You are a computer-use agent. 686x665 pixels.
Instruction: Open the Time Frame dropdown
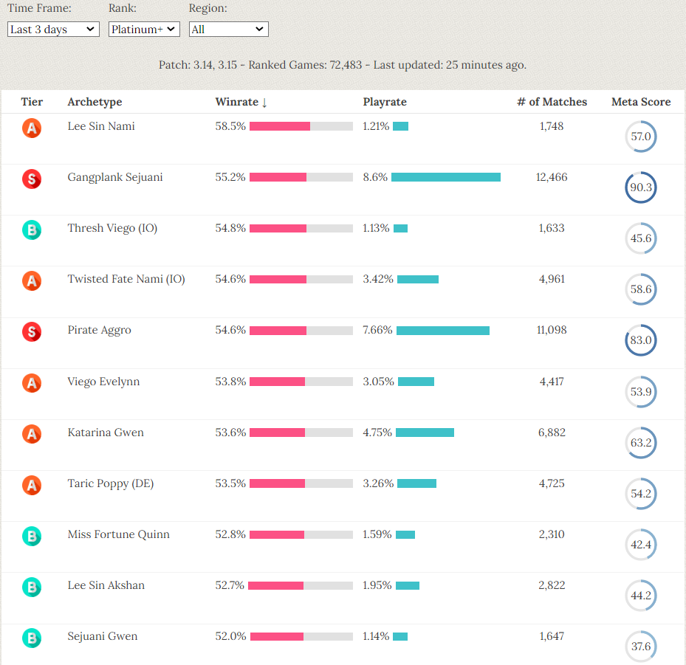pyautogui.click(x=53, y=30)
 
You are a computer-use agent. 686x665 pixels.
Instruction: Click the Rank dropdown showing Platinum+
pyautogui.click(x=144, y=30)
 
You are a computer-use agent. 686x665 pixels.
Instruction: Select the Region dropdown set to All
pyautogui.click(x=228, y=30)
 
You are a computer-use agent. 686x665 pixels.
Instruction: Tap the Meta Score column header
pyautogui.click(x=641, y=102)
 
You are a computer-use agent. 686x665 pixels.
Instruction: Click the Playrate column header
pyautogui.click(x=385, y=102)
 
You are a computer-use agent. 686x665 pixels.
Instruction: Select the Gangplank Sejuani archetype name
pyautogui.click(x=115, y=177)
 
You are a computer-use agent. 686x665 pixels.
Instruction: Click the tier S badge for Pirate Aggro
pyautogui.click(x=32, y=331)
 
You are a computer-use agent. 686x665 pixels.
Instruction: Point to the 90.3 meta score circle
pyautogui.click(x=640, y=187)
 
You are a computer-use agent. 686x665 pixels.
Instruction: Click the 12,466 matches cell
pyautogui.click(x=552, y=177)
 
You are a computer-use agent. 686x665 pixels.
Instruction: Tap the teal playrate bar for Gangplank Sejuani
pyautogui.click(x=446, y=177)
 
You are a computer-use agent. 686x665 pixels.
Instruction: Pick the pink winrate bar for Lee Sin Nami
pyautogui.click(x=280, y=126)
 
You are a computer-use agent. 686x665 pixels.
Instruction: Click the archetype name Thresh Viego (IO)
pyautogui.click(x=112, y=228)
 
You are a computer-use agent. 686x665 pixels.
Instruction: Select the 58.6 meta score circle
pyautogui.click(x=640, y=289)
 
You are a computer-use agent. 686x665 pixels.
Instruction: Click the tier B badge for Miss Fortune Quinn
pyautogui.click(x=32, y=536)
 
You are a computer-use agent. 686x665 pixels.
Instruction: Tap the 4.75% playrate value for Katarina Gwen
pyautogui.click(x=377, y=433)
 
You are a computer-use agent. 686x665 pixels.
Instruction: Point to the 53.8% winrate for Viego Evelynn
pyautogui.click(x=230, y=382)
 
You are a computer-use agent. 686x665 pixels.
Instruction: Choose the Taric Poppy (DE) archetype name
pyautogui.click(x=111, y=483)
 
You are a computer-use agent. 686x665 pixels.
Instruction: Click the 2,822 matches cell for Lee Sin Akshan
pyautogui.click(x=552, y=585)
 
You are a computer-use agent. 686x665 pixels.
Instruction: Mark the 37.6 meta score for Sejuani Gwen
pyautogui.click(x=640, y=647)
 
